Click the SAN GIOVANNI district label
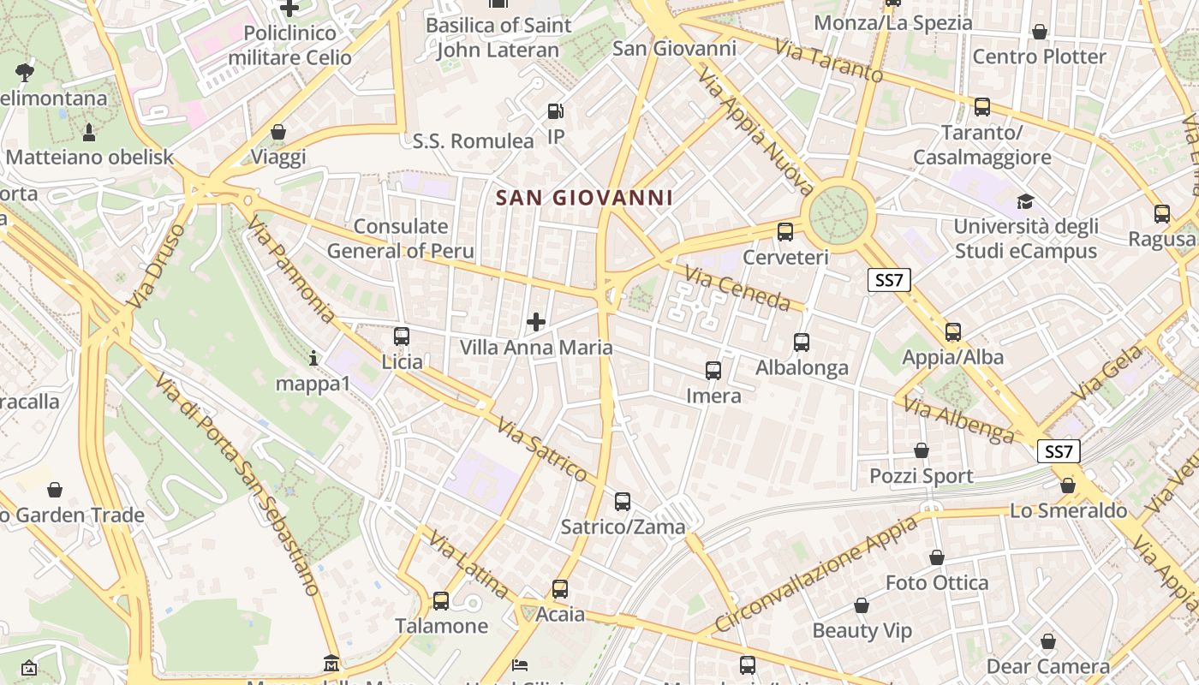point(584,198)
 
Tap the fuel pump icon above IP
point(556,111)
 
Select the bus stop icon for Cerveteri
point(785,231)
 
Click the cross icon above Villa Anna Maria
point(536,322)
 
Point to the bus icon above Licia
point(402,337)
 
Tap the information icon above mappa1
point(313,358)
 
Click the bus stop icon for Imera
point(713,371)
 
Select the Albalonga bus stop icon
point(802,342)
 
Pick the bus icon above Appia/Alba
point(953,332)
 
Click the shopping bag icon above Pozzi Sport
point(922,450)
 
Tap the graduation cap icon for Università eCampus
point(1025,202)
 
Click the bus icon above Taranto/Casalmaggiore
point(982,107)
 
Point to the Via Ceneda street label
point(737,289)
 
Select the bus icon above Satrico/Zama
point(623,502)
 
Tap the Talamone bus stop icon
point(441,601)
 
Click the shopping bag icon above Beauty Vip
point(862,606)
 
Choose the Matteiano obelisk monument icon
point(89,132)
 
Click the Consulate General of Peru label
point(400,239)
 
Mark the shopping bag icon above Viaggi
point(278,132)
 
